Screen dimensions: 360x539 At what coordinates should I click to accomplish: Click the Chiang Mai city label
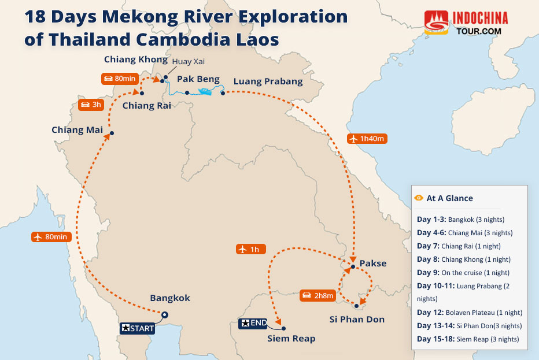[77, 130]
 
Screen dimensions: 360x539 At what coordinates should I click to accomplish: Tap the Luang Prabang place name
[268, 81]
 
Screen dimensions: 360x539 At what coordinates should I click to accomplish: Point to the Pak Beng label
[198, 80]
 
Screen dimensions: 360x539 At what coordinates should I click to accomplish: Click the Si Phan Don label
[357, 320]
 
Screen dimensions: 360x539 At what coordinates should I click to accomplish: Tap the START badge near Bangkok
[137, 328]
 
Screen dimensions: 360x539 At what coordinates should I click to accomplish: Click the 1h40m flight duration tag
[367, 139]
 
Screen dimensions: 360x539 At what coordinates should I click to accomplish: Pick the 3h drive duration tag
[91, 105]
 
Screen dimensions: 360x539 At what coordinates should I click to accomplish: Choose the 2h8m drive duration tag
[318, 296]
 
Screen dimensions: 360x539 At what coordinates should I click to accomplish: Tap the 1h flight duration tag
[251, 250]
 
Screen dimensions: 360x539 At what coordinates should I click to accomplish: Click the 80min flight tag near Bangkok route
[51, 237]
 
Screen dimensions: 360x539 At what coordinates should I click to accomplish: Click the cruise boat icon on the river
[205, 91]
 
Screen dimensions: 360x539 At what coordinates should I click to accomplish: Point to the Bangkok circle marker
[165, 315]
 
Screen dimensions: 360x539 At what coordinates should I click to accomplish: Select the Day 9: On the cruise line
[463, 273]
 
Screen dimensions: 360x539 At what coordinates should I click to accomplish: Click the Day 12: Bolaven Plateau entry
[463, 313]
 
